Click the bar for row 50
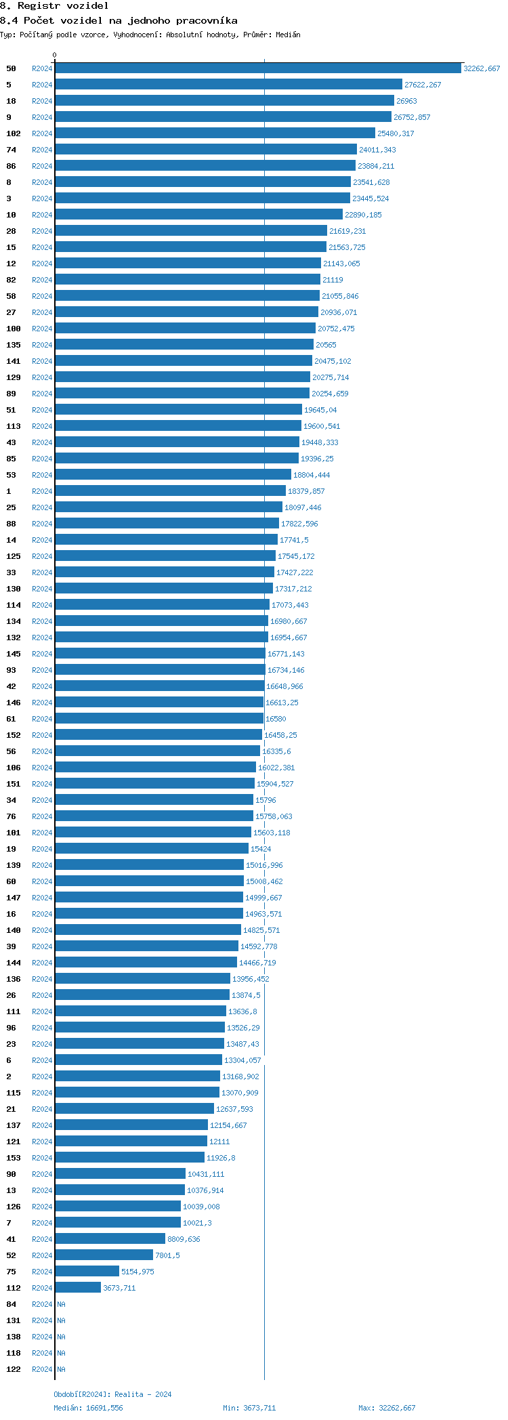[x=258, y=68]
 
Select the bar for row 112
[x=78, y=1288]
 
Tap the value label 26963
[x=406, y=101]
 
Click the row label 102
[x=14, y=133]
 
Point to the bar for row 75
[x=87, y=1272]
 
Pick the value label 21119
[x=333, y=280]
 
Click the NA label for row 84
[x=61, y=1304]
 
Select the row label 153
[x=14, y=1158]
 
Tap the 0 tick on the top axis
[x=55, y=56]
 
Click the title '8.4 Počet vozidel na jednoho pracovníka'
[x=119, y=20]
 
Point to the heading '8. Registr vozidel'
[x=54, y=5]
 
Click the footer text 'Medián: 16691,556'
[x=88, y=1408]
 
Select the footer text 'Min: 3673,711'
[x=249, y=1408]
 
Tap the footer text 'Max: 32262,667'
[x=387, y=1408]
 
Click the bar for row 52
[x=104, y=1255]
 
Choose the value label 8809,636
[x=184, y=1239]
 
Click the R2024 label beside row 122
[x=42, y=1369]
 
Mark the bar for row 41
[x=110, y=1239]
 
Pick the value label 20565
[x=326, y=345]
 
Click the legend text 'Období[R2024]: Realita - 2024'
[x=112, y=1394]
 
